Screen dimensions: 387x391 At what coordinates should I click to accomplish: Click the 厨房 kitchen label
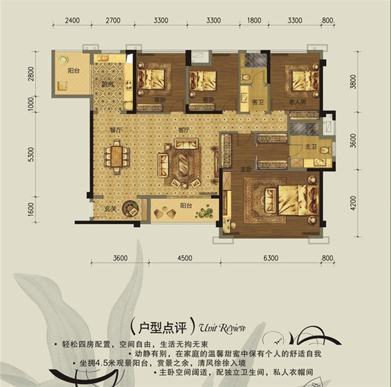click(108, 84)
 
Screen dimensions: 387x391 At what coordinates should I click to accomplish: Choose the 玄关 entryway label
click(111, 211)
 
